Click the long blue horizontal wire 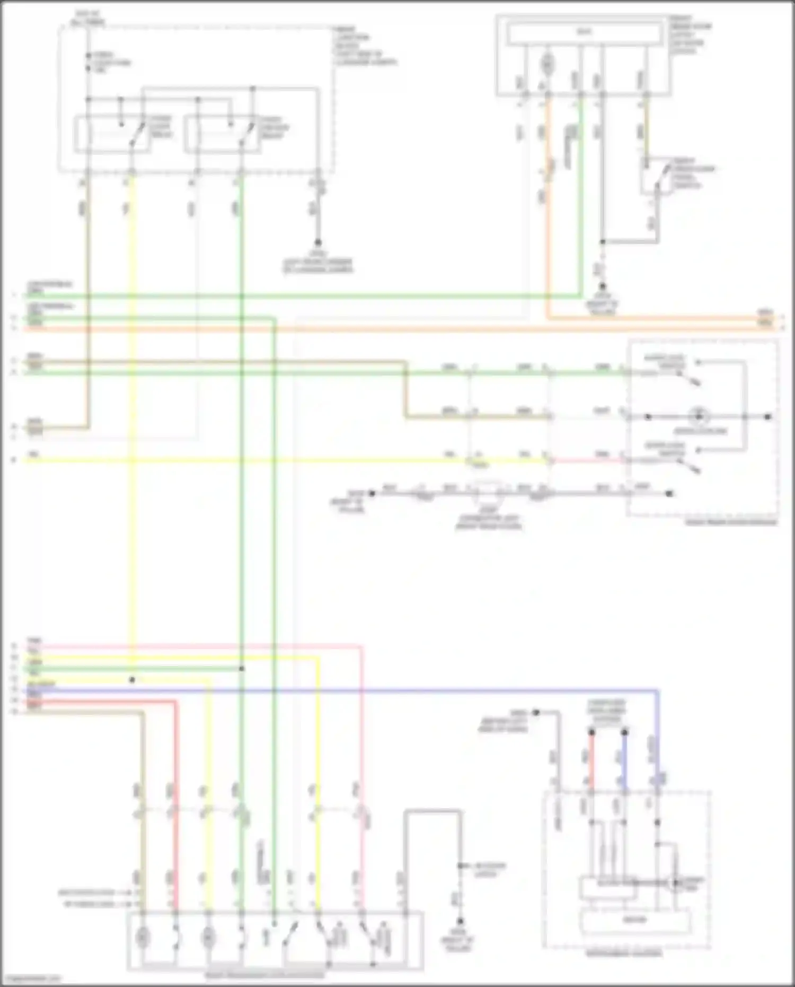point(371,691)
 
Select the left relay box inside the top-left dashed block point(112,134)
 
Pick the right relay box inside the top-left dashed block point(223,134)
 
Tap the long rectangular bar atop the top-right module point(584,33)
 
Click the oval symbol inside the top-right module point(547,65)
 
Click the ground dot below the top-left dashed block point(318,242)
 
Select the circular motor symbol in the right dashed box point(699,416)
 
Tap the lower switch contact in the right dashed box point(689,466)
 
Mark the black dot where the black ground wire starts point(372,493)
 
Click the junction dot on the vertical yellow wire point(132,679)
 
